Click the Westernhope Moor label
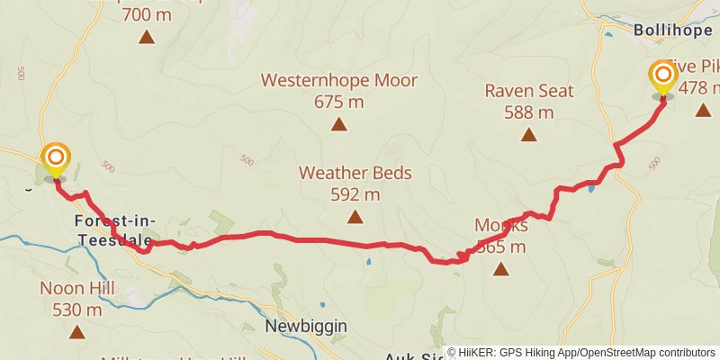339,80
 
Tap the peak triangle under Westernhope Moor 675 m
338,124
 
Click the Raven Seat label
529,91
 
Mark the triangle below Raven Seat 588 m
529,135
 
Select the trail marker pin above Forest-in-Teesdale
56,159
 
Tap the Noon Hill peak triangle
76,332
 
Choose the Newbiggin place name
306,326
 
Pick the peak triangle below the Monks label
500,268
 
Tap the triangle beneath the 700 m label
146,37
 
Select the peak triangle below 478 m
702,110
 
